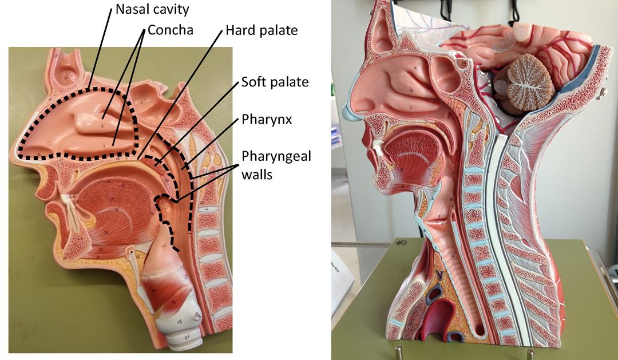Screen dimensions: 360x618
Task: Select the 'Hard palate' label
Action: point(262,30)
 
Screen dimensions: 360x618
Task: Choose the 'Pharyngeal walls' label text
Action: point(276,164)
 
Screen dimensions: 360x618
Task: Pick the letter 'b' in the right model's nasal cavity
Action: point(411,90)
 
